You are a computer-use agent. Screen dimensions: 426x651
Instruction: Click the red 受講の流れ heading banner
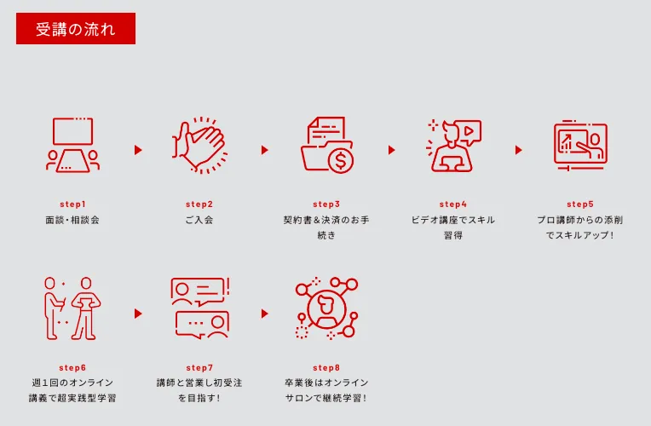75,28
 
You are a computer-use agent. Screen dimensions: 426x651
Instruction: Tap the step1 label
72,204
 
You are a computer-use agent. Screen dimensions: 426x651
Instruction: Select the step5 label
580,204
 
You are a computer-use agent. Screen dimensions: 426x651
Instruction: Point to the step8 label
326,368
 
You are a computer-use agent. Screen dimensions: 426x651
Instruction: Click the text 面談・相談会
72,220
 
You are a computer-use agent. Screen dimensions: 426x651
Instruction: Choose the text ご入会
199,220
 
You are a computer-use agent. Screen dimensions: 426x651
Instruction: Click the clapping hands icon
199,146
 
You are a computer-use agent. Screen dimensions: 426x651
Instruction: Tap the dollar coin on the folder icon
340,159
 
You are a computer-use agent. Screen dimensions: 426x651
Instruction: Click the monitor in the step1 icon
72,130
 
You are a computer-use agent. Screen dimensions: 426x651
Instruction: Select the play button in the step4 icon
470,131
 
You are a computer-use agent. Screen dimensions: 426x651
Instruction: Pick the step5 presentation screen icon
579,144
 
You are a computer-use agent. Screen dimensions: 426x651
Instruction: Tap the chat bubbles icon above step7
199,308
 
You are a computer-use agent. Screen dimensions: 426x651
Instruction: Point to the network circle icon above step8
325,308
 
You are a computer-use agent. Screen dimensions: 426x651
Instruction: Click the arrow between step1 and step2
138,150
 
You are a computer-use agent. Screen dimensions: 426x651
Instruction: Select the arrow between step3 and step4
391,150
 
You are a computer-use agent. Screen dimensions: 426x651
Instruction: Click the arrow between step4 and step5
518,150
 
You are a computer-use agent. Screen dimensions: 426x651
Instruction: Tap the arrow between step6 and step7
138,314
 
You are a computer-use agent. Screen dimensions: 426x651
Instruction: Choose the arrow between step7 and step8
264,314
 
